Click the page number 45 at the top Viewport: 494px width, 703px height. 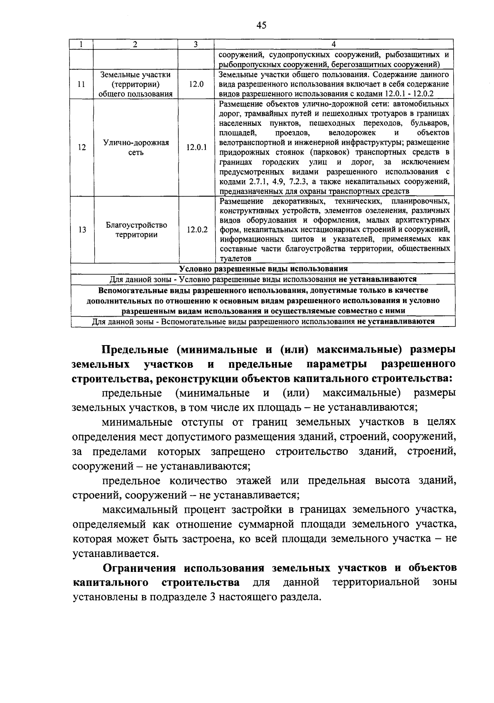[261, 26]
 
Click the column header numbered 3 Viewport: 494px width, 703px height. [196, 44]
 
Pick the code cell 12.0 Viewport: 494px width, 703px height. [196, 84]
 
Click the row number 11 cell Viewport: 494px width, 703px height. [82, 84]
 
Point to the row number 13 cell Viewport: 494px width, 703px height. [82, 230]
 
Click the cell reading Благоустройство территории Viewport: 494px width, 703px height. [136, 230]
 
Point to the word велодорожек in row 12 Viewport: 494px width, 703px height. [352, 133]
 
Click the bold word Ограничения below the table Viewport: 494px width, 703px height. [140, 568]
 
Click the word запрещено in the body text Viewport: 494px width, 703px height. [238, 451]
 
